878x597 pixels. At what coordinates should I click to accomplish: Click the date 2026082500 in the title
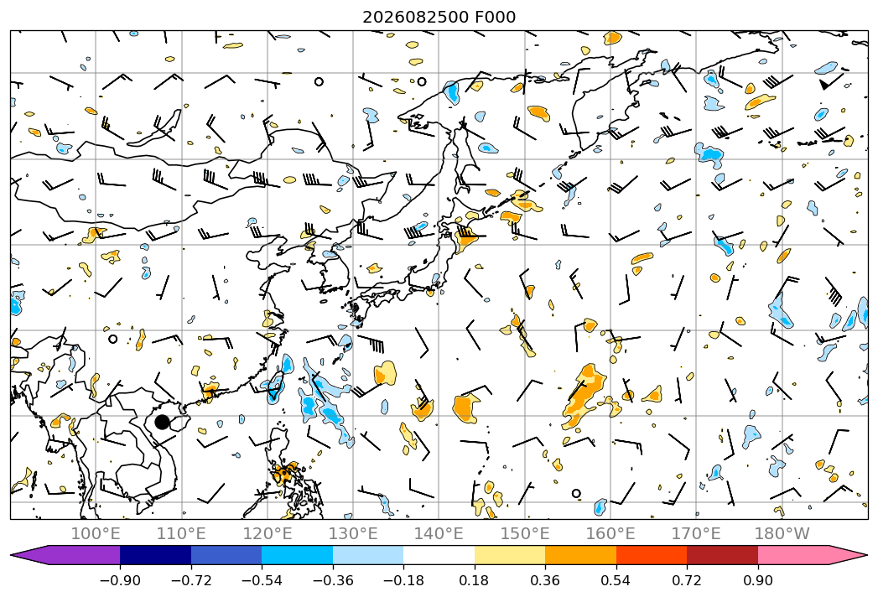[x=416, y=18]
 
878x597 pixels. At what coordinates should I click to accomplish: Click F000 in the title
[x=496, y=18]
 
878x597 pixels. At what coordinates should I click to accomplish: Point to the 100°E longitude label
[x=96, y=534]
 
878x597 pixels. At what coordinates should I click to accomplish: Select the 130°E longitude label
[x=353, y=534]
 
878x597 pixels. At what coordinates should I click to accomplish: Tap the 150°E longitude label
[x=525, y=534]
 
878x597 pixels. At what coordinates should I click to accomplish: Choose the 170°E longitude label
[x=696, y=534]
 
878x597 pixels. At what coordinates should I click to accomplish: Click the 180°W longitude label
[x=782, y=534]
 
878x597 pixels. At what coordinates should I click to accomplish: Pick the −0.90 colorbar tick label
[x=120, y=580]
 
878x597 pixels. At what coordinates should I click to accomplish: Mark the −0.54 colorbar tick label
[x=262, y=580]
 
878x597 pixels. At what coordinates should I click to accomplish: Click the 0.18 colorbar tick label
[x=475, y=580]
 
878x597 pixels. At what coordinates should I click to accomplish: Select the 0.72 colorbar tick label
[x=687, y=580]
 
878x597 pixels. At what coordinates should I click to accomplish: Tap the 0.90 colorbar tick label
[x=757, y=580]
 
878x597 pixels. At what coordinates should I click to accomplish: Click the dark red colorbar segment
[x=722, y=555]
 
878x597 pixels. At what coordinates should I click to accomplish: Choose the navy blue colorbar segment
[x=155, y=555]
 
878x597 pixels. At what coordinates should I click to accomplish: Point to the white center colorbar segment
[x=439, y=555]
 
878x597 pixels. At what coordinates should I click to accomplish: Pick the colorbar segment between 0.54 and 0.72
[x=652, y=555]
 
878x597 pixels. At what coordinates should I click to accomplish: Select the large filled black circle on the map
[x=162, y=422]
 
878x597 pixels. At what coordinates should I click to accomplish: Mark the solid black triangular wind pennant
[x=825, y=85]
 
